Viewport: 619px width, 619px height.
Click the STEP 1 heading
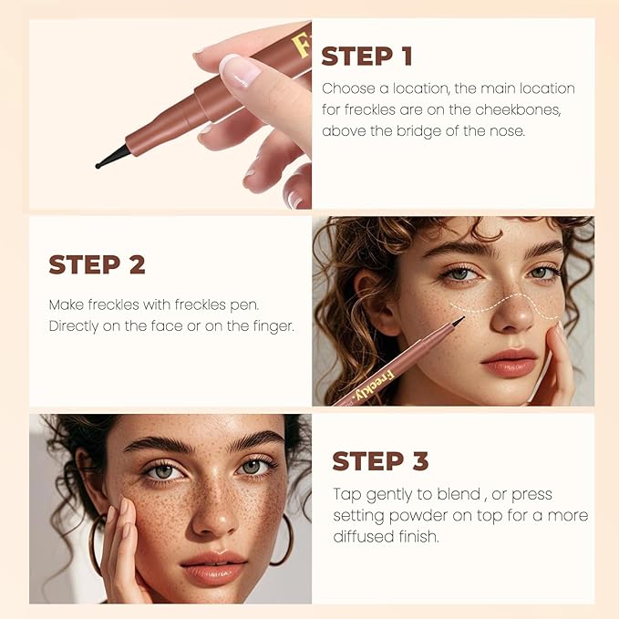click(366, 56)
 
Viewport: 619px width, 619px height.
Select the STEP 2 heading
click(97, 264)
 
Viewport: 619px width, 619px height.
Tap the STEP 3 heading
click(380, 461)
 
